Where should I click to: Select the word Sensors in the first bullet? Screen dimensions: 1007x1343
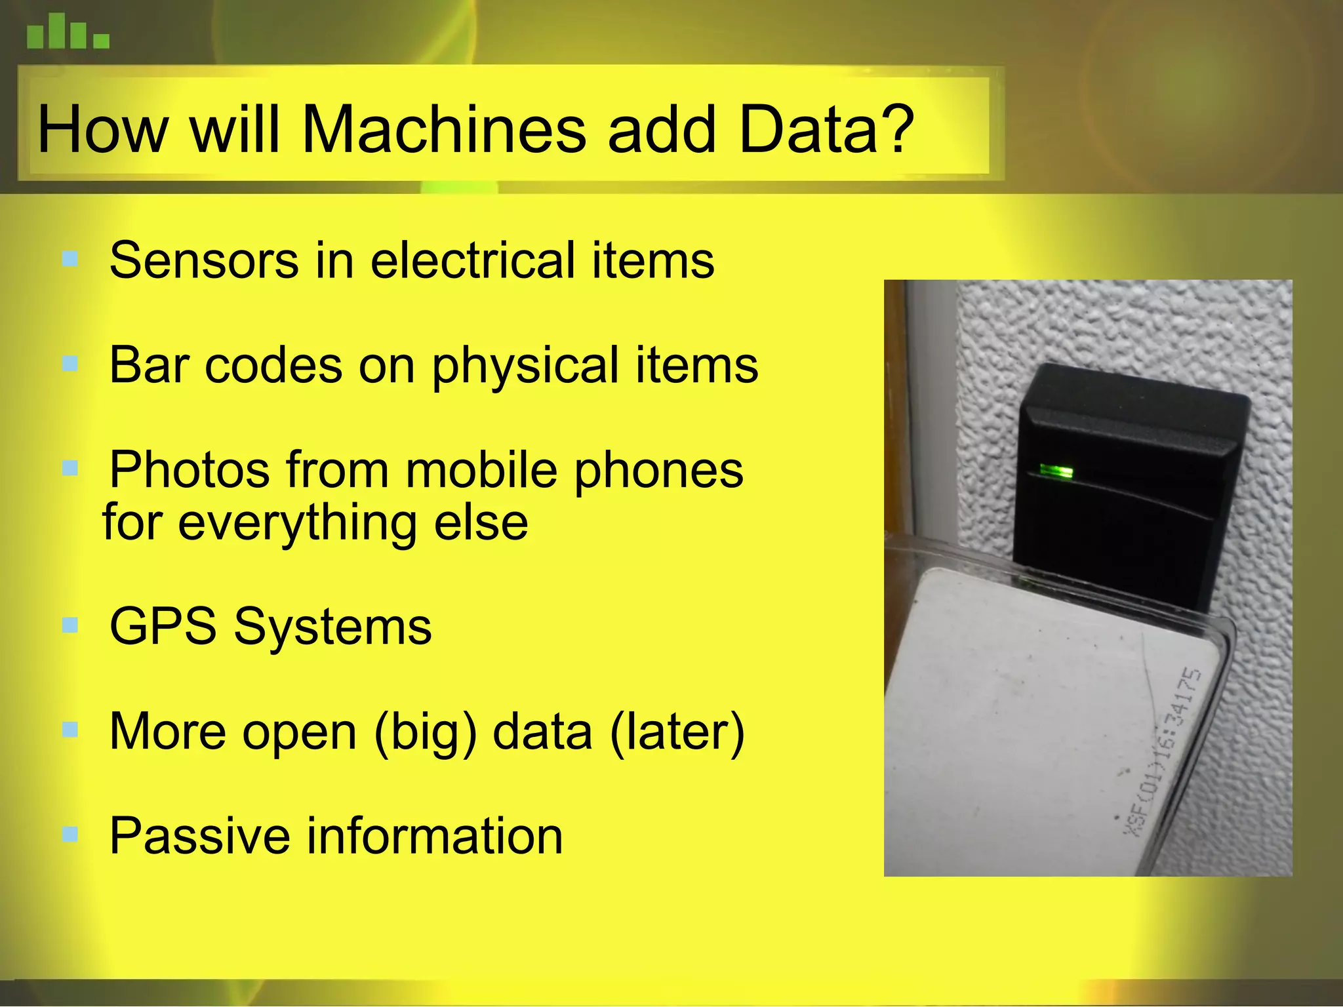[204, 260]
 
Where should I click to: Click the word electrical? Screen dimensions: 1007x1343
[472, 260]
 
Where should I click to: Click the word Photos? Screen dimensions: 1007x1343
[190, 470]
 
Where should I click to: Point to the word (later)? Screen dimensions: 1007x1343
[677, 732]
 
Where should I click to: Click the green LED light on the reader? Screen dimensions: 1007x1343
[1056, 471]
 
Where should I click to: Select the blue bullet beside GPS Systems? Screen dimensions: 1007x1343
[70, 625]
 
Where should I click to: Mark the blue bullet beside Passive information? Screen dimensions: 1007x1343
[70, 835]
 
